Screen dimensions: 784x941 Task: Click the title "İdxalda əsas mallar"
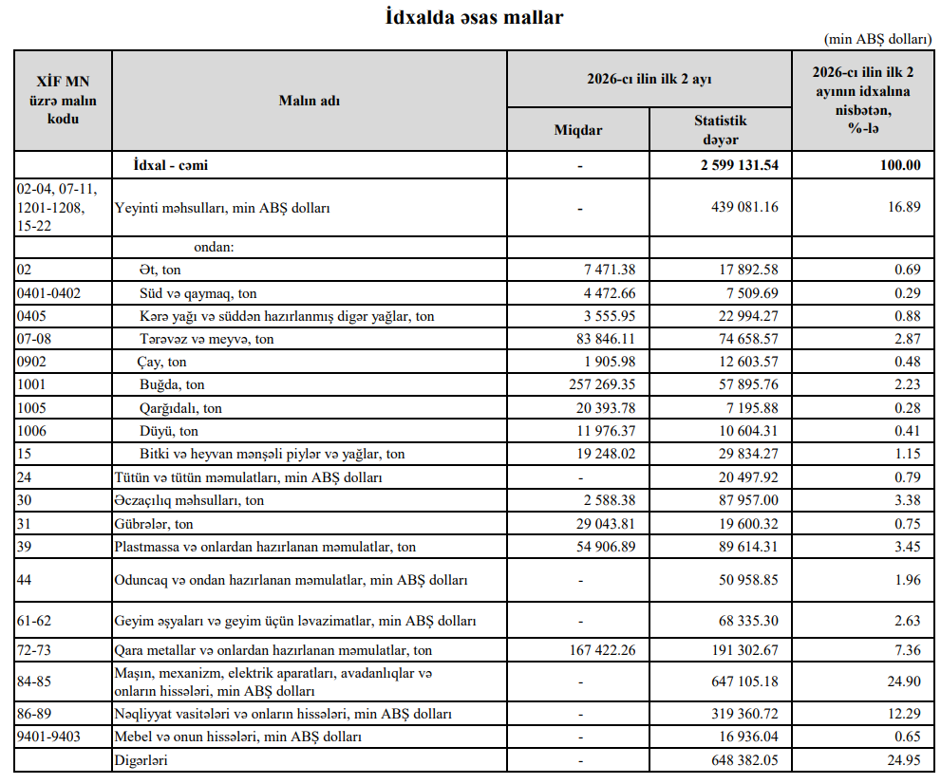pyautogui.click(x=474, y=17)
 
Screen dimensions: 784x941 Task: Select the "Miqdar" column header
pyautogui.click(x=577, y=130)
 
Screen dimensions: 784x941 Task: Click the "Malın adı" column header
pyautogui.click(x=309, y=101)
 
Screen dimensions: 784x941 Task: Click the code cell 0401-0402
pyautogui.click(x=49, y=293)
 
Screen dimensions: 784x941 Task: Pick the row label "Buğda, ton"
pyautogui.click(x=172, y=384)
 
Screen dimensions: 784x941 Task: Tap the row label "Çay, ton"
pyautogui.click(x=162, y=362)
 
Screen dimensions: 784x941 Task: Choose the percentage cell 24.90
pyautogui.click(x=903, y=681)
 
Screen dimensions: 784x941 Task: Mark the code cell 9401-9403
pyautogui.click(x=48, y=737)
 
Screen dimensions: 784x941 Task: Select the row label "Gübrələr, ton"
pyautogui.click(x=154, y=524)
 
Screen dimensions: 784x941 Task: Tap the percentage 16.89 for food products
pyautogui.click(x=903, y=206)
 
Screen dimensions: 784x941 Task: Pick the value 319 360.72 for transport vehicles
pyautogui.click(x=738, y=714)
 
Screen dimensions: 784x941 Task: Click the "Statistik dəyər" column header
pyautogui.click(x=720, y=130)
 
